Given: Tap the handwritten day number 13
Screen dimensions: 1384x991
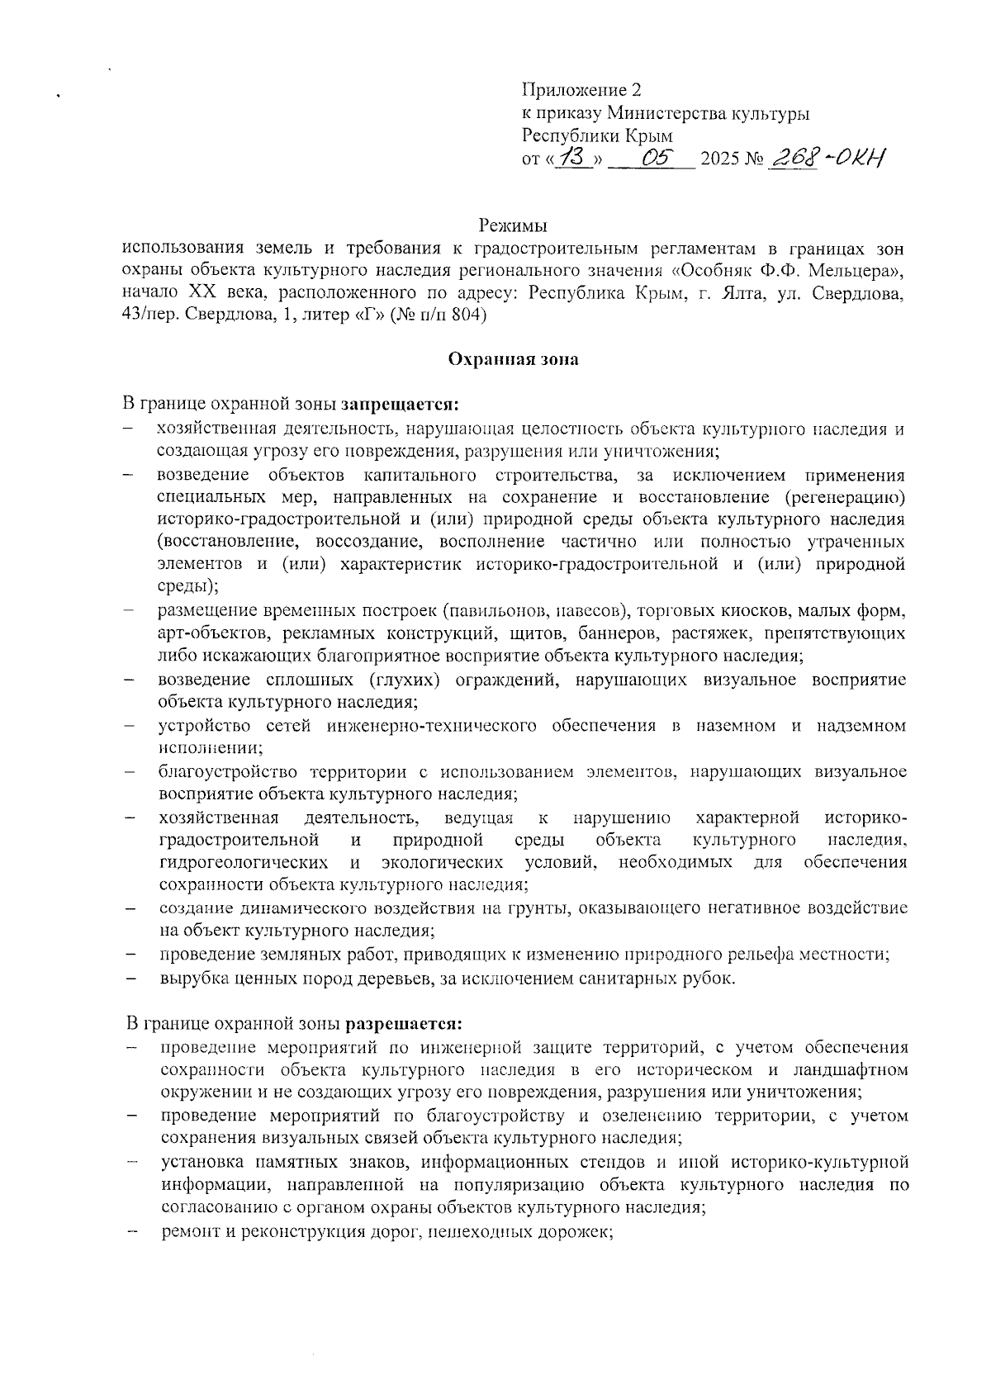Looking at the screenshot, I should pos(571,157).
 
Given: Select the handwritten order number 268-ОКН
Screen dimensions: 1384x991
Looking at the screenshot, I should pos(826,157).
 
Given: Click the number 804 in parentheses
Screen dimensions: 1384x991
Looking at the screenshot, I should pos(467,315).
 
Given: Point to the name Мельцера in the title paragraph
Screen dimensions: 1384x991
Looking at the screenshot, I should pos(853,270).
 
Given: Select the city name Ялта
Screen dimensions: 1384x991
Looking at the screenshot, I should pos(739,292).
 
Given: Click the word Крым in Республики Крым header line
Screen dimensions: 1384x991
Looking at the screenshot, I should pos(651,135).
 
